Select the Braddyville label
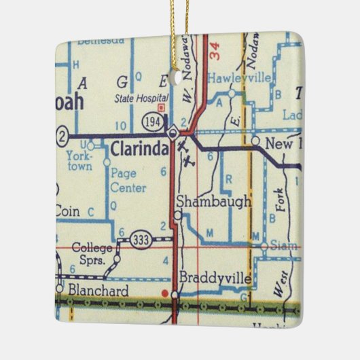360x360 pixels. tap(216, 278)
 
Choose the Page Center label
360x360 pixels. tap(128, 180)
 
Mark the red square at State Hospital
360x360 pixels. tap(161, 107)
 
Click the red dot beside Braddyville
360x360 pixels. tap(164, 293)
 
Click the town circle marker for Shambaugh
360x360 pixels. tap(177, 215)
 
